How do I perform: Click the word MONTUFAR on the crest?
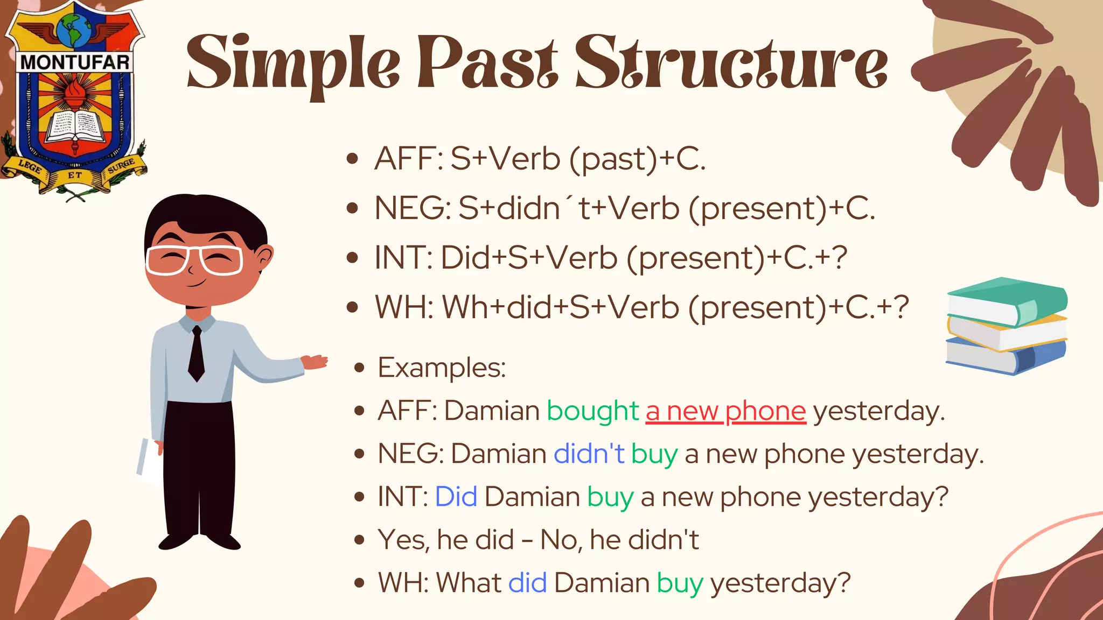[x=75, y=62]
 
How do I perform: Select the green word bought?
[x=592, y=411]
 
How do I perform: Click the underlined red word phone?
[x=765, y=411]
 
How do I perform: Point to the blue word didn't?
[x=589, y=454]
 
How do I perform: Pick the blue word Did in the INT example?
[x=456, y=496]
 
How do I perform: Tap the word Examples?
[x=442, y=368]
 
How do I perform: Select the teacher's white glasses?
[x=194, y=260]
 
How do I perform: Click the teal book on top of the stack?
[x=1007, y=301]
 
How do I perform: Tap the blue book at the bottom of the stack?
[x=1004, y=358]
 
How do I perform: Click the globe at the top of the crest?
[x=74, y=30]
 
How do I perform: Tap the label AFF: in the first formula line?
[x=408, y=159]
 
